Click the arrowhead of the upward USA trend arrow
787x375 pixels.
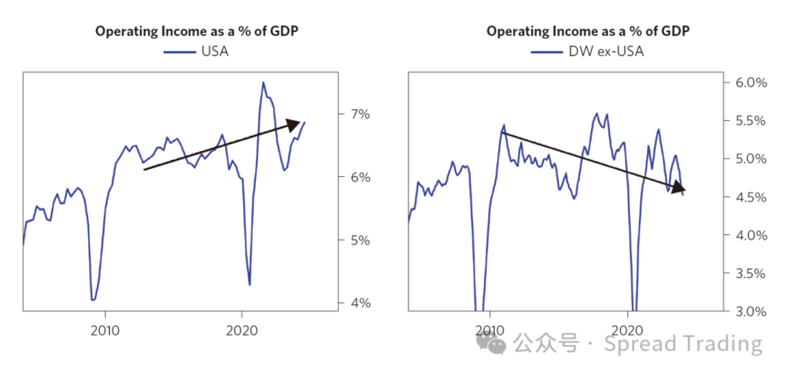pyautogui.click(x=295, y=123)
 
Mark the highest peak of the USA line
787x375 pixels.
pyautogui.click(x=263, y=82)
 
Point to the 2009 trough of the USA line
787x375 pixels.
pyautogui.click(x=93, y=300)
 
